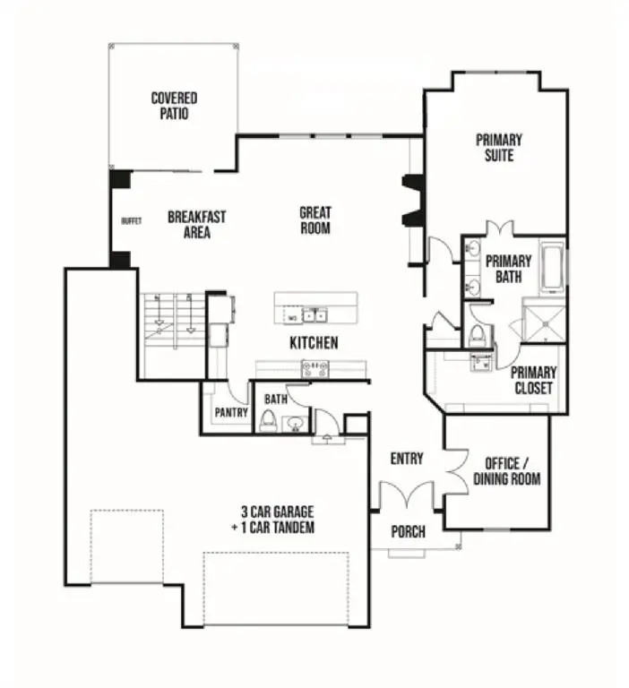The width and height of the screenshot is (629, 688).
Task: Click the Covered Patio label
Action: coord(174,106)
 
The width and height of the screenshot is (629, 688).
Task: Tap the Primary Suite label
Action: coord(499,147)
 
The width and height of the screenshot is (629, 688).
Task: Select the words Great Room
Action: coord(314,220)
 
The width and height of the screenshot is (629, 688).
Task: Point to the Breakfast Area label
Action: coord(196,224)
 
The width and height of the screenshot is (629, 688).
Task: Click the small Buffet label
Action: coord(132,220)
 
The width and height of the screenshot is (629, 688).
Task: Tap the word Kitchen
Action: coord(314,342)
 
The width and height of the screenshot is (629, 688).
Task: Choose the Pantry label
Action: coord(230,413)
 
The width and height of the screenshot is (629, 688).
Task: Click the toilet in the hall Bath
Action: coord(267,419)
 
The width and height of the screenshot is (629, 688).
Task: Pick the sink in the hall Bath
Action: coord(293,422)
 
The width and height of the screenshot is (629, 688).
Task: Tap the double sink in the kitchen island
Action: coord(314,314)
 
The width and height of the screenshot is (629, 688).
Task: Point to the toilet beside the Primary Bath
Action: coord(478,335)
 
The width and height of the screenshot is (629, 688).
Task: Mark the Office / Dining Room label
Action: coord(507,470)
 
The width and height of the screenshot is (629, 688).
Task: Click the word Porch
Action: coord(409,532)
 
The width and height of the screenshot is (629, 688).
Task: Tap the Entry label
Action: coord(407,459)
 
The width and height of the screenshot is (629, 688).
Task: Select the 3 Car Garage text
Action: coord(277,520)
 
